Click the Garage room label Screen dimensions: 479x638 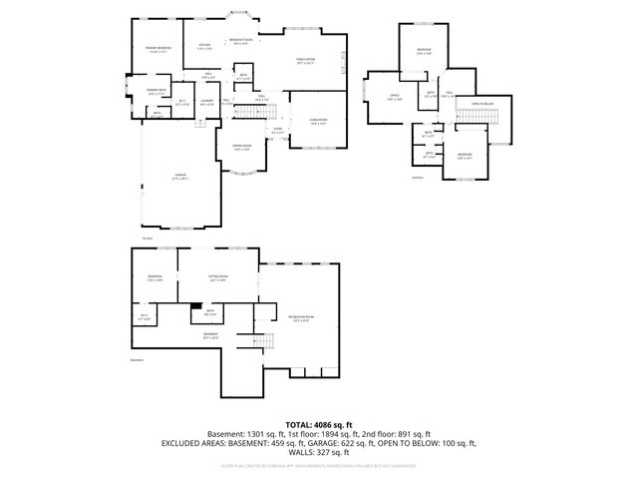(x=181, y=176)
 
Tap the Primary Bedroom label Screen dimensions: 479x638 (x=157, y=49)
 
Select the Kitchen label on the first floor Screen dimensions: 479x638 (x=204, y=46)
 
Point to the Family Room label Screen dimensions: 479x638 (x=305, y=61)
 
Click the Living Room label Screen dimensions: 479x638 (x=318, y=121)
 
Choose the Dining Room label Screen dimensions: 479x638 (x=240, y=148)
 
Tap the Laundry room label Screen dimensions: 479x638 (x=208, y=101)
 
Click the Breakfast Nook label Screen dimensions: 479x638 (x=240, y=41)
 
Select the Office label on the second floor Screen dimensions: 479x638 (x=394, y=97)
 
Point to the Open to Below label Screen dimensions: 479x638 (x=482, y=104)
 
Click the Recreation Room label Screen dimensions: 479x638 (x=298, y=318)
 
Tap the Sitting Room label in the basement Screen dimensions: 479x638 (x=218, y=277)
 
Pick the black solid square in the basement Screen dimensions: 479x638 (x=197, y=307)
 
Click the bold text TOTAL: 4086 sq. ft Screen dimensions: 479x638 (x=318, y=425)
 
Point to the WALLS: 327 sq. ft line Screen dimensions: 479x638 (x=318, y=451)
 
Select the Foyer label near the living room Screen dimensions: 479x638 (x=277, y=129)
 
